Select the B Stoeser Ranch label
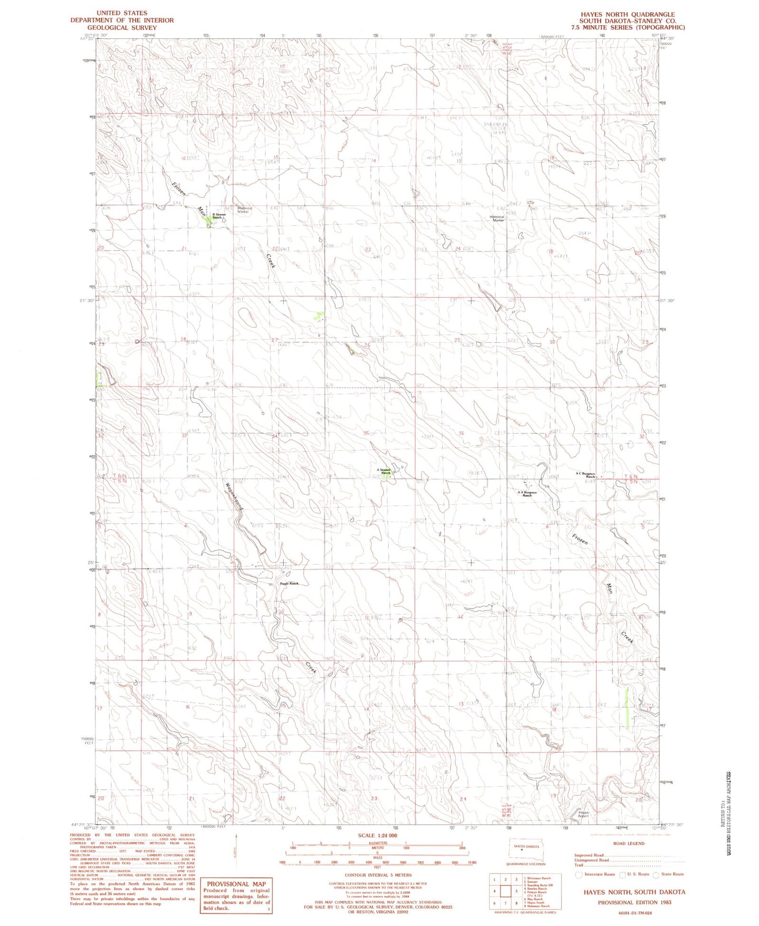[220, 216]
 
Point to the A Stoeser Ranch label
[384, 471]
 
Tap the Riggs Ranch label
[289, 584]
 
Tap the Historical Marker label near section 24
[497, 219]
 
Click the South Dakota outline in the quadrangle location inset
[527, 850]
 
